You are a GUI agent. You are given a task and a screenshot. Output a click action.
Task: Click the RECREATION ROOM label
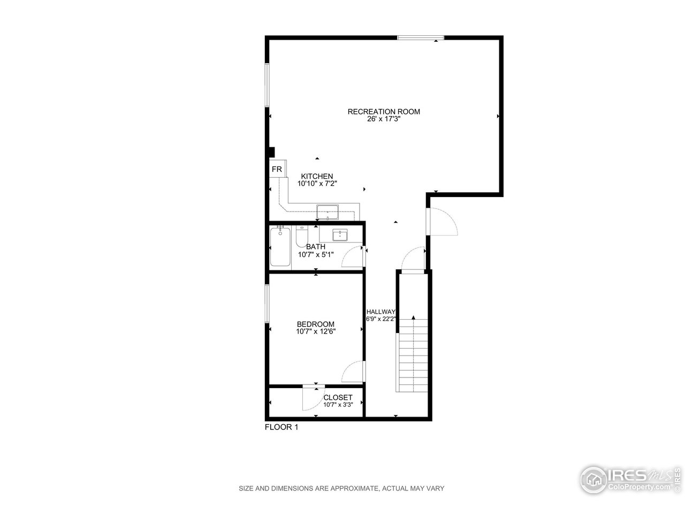point(384,111)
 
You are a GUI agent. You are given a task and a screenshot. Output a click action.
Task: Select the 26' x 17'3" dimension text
point(384,119)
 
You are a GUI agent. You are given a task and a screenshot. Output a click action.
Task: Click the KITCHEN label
point(317,176)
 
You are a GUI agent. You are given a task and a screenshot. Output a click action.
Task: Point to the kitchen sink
point(328,213)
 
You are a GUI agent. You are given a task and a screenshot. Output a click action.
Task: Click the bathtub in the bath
point(280,246)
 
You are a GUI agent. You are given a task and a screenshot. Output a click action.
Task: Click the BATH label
point(316,247)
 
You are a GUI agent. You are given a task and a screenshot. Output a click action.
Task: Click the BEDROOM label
point(316,324)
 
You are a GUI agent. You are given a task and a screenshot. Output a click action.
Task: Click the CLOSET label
point(338,397)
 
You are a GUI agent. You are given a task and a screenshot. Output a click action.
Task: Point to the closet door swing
point(311,398)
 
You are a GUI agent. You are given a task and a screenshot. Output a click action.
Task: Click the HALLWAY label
point(380,312)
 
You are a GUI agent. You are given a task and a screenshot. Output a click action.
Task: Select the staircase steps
point(413,356)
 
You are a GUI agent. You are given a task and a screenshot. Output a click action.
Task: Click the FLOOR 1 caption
point(281,427)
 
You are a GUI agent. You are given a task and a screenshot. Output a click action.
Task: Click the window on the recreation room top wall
point(421,37)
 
